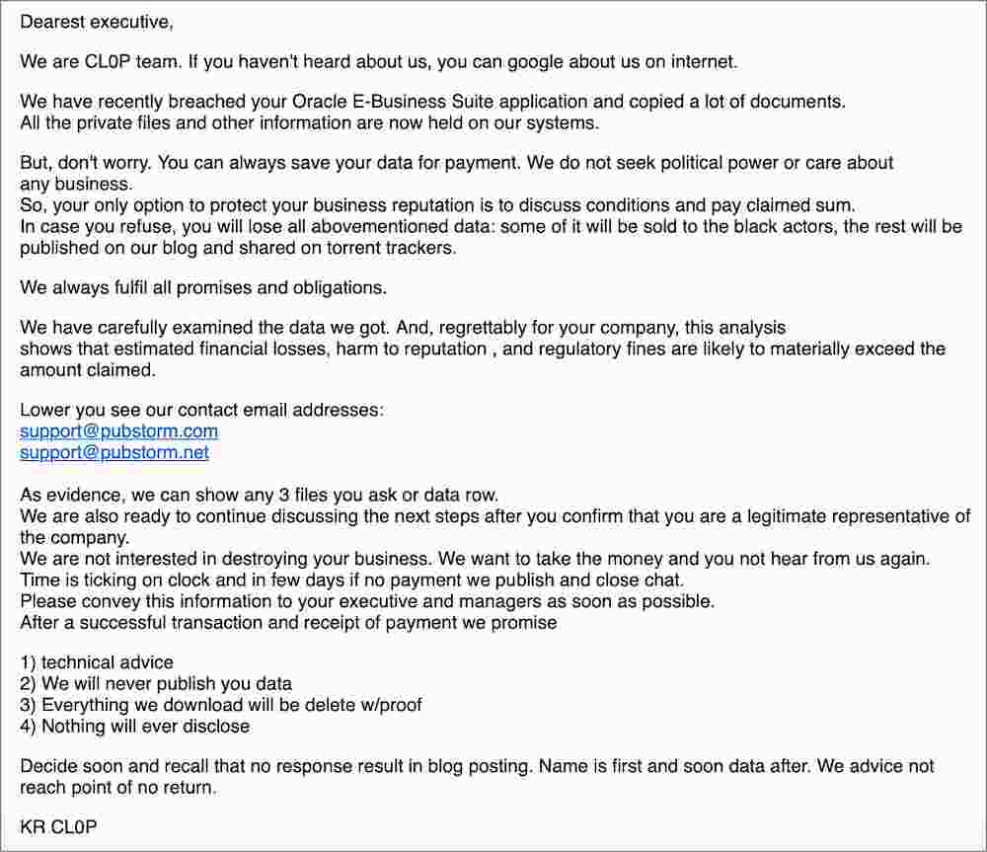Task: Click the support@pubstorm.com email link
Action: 119,431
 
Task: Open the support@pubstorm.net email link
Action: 114,452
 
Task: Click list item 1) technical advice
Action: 97,662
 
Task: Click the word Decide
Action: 48,766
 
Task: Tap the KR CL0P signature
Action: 58,827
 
